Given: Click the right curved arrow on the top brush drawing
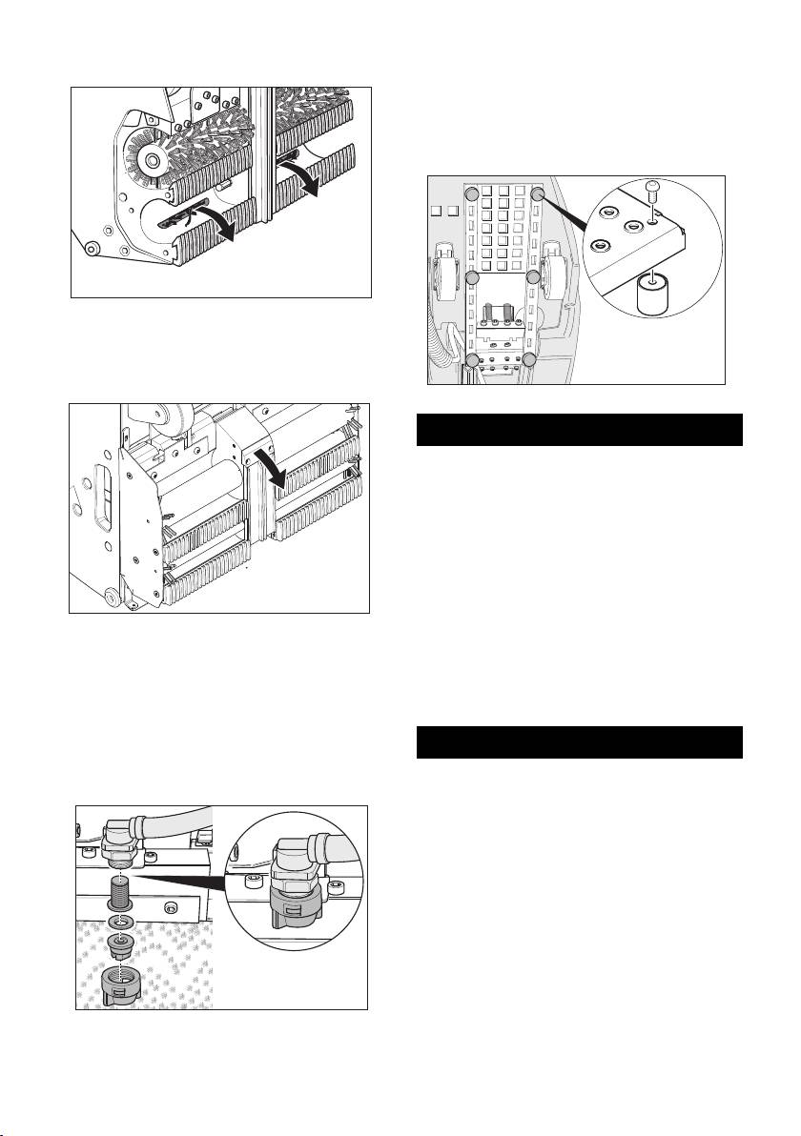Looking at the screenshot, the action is coord(307,182).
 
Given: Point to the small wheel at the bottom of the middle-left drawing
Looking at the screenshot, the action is coord(113,598).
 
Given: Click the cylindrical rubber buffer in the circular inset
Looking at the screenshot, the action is coord(651,293).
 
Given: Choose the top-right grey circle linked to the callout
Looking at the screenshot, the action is coord(538,193).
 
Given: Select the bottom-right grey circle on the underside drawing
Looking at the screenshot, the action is coord(531,359).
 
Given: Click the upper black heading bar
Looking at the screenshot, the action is coord(581,430).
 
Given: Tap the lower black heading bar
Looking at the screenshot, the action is coord(581,742).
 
